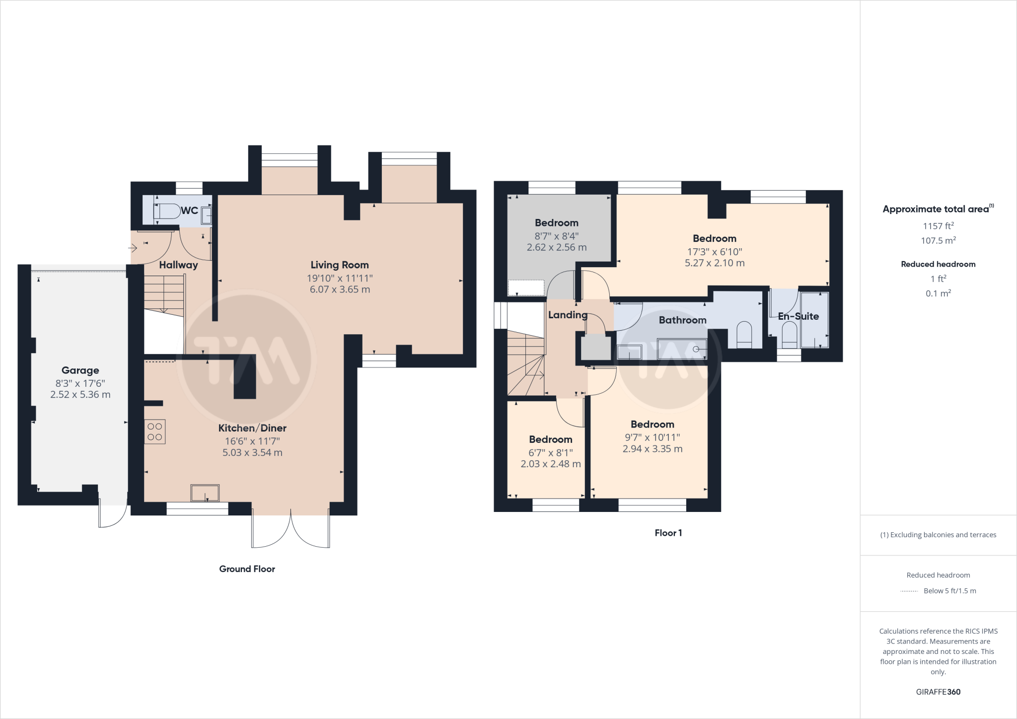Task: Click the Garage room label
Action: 80,370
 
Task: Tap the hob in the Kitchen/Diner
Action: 155,431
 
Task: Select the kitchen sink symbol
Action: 205,493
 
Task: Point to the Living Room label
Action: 340,265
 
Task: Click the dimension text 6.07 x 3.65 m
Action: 340,289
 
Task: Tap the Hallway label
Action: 178,265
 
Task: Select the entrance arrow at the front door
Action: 133,248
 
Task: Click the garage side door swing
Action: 112,516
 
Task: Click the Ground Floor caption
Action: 247,569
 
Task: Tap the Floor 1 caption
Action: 668,533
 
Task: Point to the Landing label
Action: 568,315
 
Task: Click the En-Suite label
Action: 798,316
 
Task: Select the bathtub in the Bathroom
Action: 681,349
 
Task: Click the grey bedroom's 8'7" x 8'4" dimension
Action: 556,236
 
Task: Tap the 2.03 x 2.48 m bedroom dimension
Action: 550,464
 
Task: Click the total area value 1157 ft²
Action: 938,226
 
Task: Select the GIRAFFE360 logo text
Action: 938,692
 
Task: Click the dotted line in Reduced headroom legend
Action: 909,591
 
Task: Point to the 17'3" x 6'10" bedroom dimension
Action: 714,252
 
